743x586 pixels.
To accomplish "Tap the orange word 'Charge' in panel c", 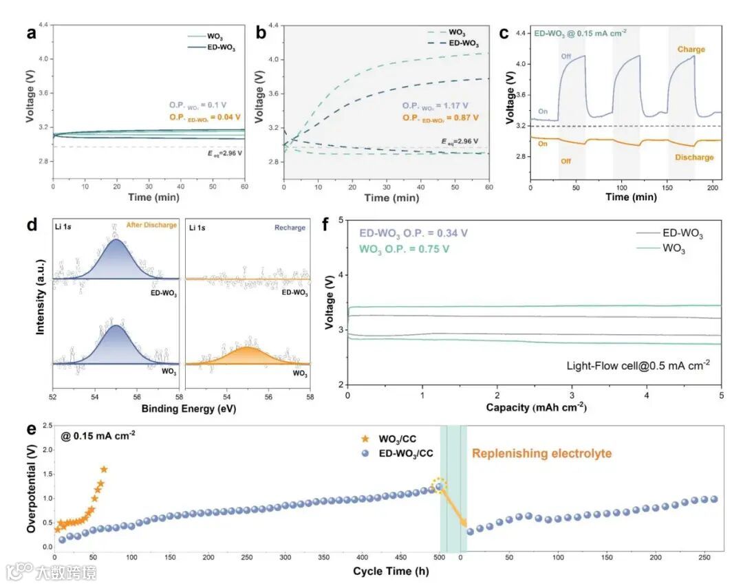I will click(x=690, y=50).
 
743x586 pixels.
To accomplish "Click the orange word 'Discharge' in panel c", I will click(x=691, y=158).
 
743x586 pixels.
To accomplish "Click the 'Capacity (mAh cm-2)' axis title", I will click(x=535, y=407).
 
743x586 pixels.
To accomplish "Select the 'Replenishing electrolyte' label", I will click(x=541, y=453).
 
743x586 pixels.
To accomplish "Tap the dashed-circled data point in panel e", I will click(x=438, y=486).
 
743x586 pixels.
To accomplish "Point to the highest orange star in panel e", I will click(x=104, y=470).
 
